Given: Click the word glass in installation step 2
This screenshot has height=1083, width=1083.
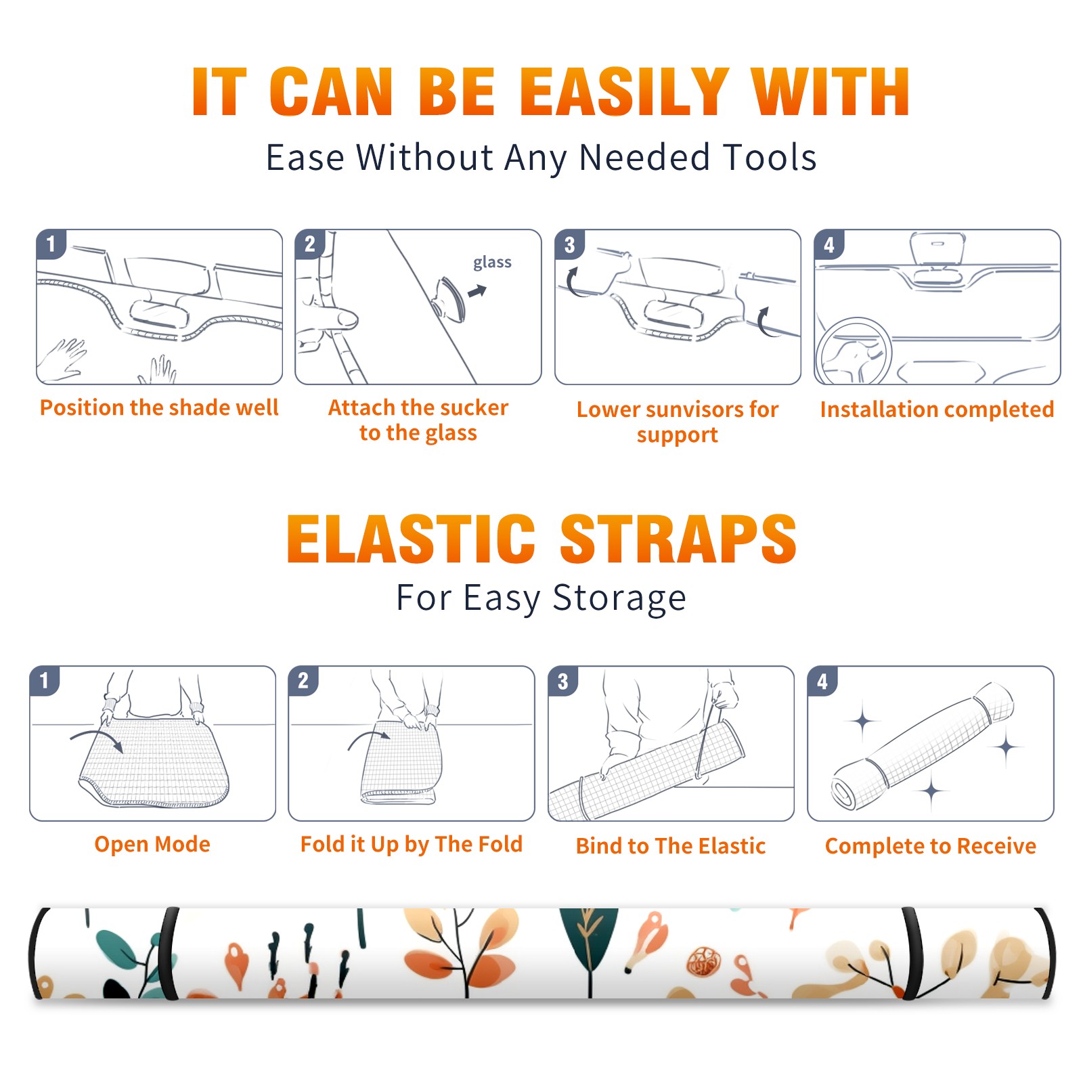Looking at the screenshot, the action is tap(492, 263).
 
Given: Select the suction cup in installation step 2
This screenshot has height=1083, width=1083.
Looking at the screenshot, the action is tap(449, 298).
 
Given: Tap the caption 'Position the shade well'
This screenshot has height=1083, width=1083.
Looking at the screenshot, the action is tap(159, 407).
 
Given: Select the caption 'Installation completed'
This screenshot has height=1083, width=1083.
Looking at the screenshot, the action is tap(937, 409).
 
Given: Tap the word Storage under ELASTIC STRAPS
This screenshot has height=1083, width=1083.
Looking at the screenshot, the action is tap(619, 598).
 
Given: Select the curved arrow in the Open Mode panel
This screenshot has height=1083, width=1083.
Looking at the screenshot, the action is tap(97, 738).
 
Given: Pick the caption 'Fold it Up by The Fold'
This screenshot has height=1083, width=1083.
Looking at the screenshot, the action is tap(412, 845).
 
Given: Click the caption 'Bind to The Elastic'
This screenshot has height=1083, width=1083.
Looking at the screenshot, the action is tap(670, 846).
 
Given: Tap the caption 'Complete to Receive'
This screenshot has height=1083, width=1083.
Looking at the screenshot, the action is tap(931, 846).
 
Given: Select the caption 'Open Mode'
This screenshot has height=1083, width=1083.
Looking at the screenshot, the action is tap(152, 845).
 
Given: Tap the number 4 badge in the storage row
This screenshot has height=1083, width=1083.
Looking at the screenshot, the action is tap(822, 681).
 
